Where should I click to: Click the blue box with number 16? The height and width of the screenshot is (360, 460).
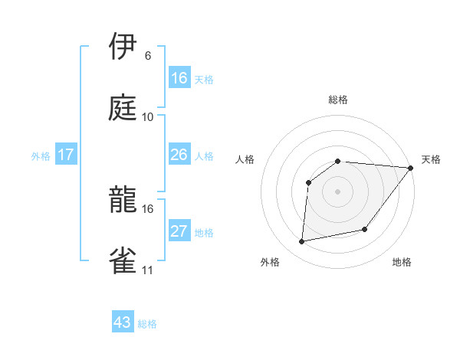tap(179, 78)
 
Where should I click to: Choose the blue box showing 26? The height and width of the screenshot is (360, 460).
tap(179, 155)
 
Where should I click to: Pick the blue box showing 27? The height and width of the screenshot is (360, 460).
tap(179, 231)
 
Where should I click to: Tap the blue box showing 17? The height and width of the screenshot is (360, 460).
tap(66, 155)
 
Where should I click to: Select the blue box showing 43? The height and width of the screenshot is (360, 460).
tap(123, 322)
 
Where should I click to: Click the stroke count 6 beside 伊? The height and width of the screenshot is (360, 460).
tap(148, 56)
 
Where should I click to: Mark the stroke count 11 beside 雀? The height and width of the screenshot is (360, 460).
tap(147, 270)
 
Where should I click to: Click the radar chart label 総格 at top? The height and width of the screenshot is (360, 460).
tap(338, 100)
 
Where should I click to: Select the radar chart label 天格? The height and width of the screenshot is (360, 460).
tap(431, 159)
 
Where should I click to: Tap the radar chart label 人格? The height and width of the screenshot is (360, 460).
tap(245, 159)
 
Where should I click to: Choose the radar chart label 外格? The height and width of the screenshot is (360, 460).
tap(270, 262)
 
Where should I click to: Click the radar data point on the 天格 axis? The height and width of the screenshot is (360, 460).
tap(411, 168)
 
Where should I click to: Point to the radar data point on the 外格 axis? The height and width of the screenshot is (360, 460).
tap(302, 242)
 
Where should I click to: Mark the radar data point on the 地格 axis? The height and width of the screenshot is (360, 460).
tap(365, 229)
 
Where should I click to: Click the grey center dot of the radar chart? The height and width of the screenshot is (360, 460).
tap(337, 191)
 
